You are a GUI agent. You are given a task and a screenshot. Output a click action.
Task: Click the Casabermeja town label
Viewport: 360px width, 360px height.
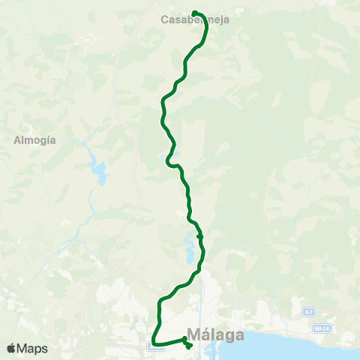coord(195,21)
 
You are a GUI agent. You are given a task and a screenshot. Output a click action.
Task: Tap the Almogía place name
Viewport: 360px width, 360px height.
coord(35,139)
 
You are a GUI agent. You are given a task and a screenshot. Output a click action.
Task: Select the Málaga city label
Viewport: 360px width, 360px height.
coord(214,334)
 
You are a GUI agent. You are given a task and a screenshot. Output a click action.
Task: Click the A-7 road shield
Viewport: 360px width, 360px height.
coord(308,311)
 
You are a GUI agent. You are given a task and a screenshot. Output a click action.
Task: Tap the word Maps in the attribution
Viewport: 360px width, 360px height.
coord(32,349)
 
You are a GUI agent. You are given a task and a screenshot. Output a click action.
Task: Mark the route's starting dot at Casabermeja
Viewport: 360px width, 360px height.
coord(194,13)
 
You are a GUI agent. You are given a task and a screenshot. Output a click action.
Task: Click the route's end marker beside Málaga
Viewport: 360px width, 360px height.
coord(187,346)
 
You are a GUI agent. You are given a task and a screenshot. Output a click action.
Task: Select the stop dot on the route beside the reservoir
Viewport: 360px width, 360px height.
coord(199,237)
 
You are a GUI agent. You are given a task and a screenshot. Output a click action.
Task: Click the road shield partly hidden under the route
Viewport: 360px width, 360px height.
coord(154,346)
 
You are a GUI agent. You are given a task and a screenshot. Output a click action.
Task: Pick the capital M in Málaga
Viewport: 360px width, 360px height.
coord(193,334)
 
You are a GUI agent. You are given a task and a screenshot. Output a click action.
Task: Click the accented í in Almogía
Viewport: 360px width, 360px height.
coord(49,139)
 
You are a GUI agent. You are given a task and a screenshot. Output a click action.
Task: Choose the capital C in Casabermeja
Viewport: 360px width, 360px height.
coord(165,21)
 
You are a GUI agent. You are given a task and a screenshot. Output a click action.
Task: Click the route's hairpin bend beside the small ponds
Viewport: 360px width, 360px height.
coord(169,160)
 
